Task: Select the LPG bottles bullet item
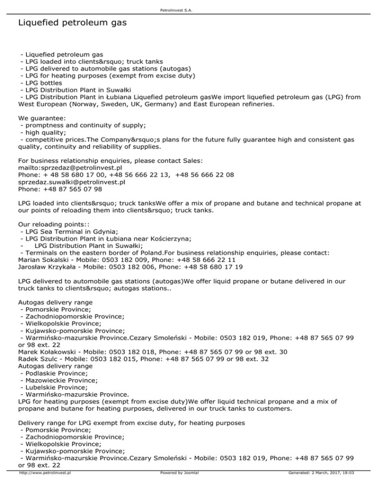(x=41, y=82)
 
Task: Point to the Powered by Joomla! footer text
(x=179, y=487)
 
